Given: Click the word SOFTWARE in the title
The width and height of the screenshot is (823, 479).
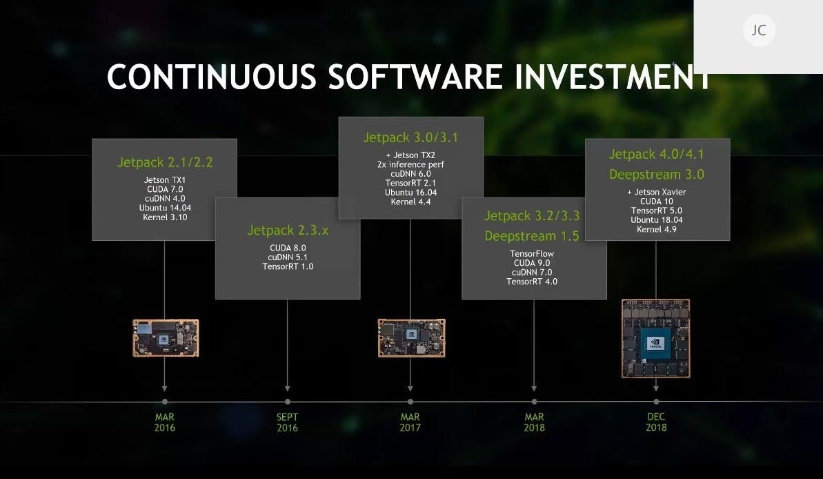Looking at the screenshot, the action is point(415,77).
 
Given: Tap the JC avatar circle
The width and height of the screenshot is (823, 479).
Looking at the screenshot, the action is point(759,30).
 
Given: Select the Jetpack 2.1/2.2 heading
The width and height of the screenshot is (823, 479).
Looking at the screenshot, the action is point(165,162).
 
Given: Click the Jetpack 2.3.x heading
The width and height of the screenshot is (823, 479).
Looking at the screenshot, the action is point(288,231).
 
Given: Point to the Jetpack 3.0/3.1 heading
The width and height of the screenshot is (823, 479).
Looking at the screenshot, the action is point(410,137).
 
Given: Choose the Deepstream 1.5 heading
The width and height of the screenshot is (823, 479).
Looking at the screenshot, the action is point(532,236).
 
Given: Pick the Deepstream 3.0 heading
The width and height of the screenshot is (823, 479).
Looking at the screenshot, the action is point(657,175).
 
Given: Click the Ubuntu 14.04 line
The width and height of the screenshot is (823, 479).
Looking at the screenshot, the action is point(165,208).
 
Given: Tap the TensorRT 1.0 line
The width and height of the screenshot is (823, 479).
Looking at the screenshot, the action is point(288,266).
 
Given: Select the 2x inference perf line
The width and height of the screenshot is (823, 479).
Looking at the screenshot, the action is point(410,164).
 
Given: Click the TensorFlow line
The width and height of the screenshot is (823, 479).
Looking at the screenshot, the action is point(532,254).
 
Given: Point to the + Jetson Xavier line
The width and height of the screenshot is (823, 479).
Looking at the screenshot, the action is point(657,193).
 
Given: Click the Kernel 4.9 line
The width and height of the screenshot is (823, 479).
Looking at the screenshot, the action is point(657,230).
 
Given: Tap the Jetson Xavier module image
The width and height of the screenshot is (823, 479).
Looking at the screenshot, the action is point(655,338).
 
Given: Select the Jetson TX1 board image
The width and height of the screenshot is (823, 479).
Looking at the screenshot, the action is point(166,338).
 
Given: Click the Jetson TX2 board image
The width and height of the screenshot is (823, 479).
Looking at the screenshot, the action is point(411,338).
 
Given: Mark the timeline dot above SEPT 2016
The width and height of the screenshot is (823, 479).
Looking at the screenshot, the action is point(288,402).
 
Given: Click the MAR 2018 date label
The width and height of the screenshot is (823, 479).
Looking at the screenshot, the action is point(534,422).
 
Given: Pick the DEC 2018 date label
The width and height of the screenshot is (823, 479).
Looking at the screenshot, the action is point(656,422).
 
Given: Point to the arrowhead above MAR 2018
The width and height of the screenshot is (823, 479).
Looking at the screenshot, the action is point(534,388).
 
